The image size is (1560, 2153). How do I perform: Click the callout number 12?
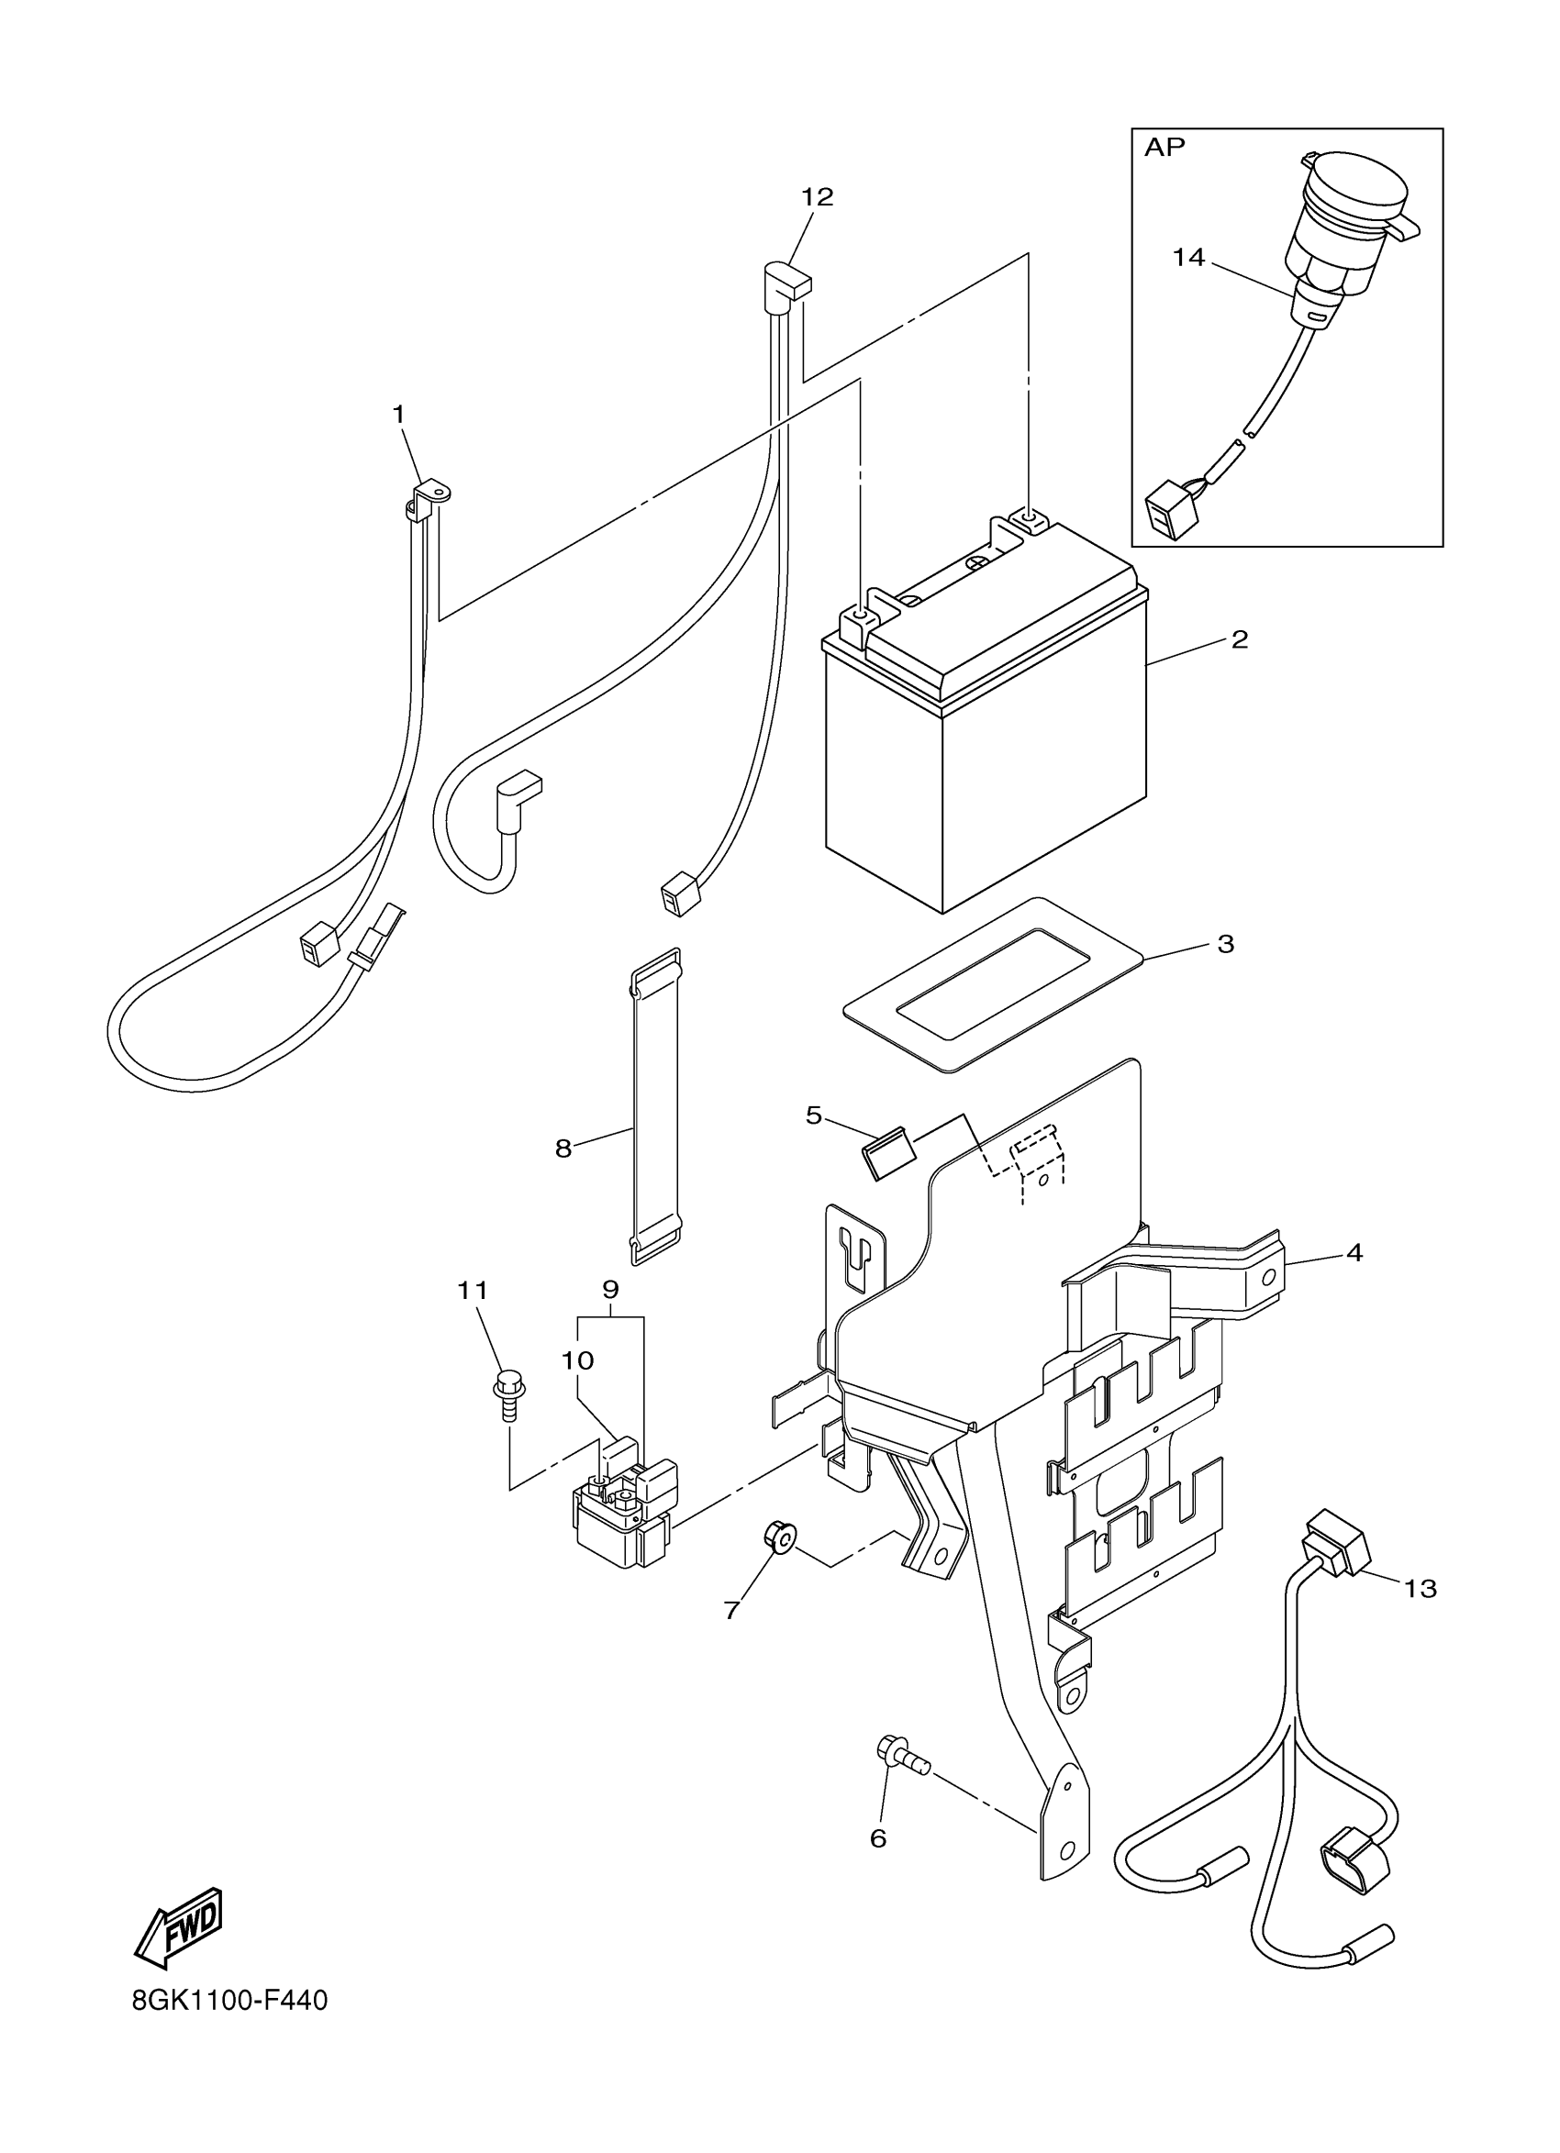click(x=817, y=197)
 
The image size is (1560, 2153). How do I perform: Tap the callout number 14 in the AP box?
click(x=1187, y=257)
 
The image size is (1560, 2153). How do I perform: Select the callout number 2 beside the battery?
click(x=1239, y=639)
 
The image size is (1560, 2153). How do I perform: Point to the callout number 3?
click(x=1226, y=944)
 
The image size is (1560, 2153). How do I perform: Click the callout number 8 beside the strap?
click(x=563, y=1149)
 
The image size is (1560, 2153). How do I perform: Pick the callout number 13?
click(x=1421, y=1588)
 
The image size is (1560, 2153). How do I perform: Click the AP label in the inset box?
click(x=1165, y=147)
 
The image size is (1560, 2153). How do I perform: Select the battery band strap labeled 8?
click(x=656, y=1105)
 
